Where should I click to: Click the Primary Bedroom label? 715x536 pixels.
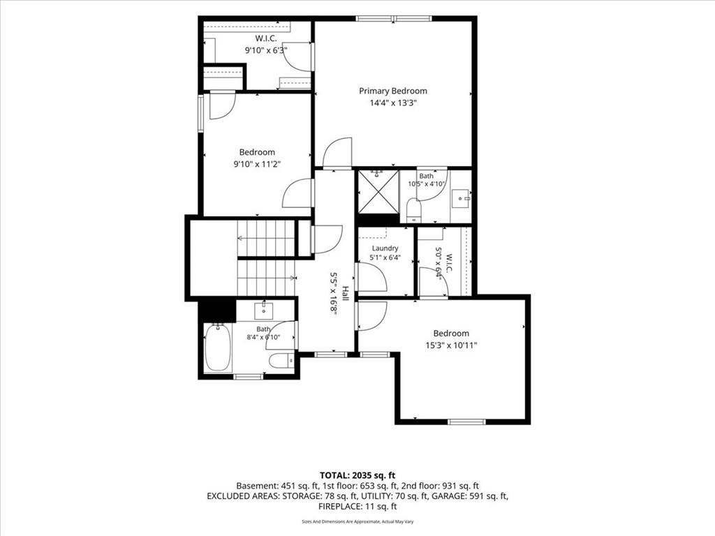[393, 91]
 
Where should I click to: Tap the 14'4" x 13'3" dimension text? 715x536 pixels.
[393, 103]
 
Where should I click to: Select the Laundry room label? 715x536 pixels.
[385, 248]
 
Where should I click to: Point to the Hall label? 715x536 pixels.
[345, 293]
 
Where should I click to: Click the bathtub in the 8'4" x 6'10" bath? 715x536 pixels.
[218, 348]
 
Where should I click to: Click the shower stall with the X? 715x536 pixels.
[378, 191]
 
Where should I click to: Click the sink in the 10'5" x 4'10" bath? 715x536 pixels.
[461, 199]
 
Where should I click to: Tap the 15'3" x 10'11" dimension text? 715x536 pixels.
[451, 345]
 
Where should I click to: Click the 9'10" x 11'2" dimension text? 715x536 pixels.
[257, 164]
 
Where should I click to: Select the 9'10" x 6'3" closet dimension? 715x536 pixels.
[266, 50]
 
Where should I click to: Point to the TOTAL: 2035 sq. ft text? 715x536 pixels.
[357, 476]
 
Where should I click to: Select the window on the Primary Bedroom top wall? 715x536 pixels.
[394, 19]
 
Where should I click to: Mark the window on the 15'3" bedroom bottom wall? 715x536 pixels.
[466, 422]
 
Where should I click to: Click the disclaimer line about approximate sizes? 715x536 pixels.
[357, 521]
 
